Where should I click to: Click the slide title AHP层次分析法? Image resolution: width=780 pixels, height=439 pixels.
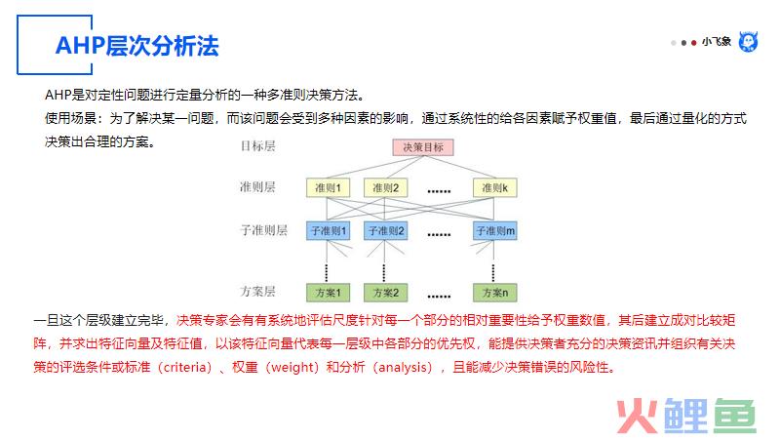(x=136, y=46)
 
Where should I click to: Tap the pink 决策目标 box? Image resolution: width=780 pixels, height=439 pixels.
(x=423, y=147)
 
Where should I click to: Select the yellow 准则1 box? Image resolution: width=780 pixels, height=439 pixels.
(x=328, y=187)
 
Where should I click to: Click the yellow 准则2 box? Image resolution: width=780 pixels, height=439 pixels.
(x=385, y=187)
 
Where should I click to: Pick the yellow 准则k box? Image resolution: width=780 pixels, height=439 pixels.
(x=495, y=187)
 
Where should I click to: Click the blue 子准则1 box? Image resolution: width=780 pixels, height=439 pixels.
(x=328, y=231)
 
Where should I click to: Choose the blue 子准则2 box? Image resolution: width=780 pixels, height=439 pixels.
(x=385, y=231)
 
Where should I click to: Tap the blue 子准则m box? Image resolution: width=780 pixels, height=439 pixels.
(x=495, y=231)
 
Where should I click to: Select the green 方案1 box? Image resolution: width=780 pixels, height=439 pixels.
(x=328, y=293)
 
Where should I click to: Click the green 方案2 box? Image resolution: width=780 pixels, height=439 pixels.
(x=385, y=293)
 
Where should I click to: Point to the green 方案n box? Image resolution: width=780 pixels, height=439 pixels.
(x=495, y=293)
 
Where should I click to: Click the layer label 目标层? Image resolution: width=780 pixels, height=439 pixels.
(x=257, y=145)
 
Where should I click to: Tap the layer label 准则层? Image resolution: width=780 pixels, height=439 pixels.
(x=257, y=187)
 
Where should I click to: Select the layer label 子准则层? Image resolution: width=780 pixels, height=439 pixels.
(x=263, y=230)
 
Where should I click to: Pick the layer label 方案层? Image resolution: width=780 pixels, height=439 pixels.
(x=257, y=291)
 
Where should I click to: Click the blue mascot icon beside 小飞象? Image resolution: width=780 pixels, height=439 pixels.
(x=748, y=42)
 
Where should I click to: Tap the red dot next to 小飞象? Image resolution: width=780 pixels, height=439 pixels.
(x=693, y=43)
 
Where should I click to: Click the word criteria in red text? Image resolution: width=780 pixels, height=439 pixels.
(x=184, y=368)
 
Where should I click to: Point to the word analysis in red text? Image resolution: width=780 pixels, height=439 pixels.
(x=403, y=368)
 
